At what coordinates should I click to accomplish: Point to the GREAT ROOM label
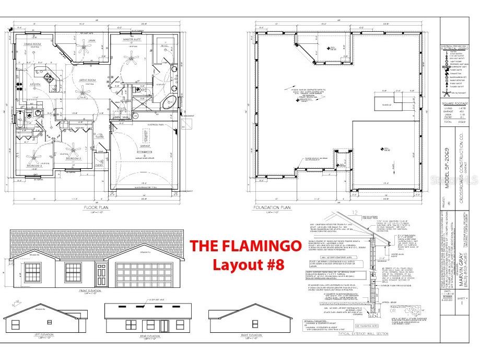(x=86, y=80)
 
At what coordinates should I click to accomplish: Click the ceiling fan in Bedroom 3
(x=34, y=155)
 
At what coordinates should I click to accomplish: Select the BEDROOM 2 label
(x=77, y=158)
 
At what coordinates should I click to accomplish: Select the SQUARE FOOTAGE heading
(x=455, y=103)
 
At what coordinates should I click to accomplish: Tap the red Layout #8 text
(x=248, y=264)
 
